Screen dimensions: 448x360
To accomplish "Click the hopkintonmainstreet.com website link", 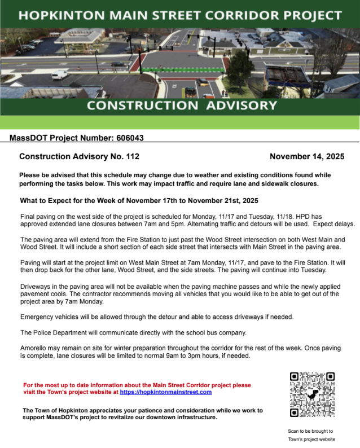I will pos(166,392).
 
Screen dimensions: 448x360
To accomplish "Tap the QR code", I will pos(312,394).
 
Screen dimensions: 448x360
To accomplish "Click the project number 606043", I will pos(134,137).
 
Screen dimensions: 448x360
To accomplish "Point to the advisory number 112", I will pos(131,156).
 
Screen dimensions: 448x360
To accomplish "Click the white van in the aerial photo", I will pos(60,74).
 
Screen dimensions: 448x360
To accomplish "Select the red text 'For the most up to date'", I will pos(59,385).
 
